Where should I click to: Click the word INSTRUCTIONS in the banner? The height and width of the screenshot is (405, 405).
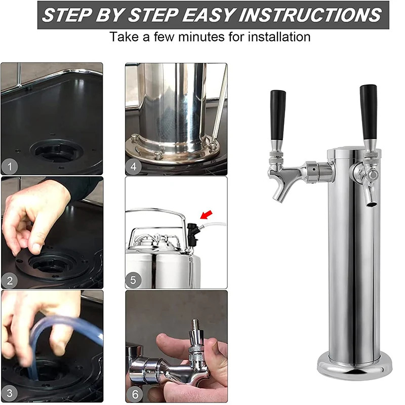click(x=310, y=15)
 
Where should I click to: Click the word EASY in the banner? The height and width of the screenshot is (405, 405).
click(x=208, y=15)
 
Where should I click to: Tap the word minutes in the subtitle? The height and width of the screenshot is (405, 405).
click(x=201, y=36)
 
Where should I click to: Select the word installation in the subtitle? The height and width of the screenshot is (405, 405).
click(x=279, y=36)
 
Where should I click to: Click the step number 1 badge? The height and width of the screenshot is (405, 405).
click(x=10, y=167)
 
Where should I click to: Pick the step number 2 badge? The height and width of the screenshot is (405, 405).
click(x=10, y=280)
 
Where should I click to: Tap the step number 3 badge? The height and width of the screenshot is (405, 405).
click(x=10, y=393)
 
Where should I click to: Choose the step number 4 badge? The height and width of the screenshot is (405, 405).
click(x=134, y=167)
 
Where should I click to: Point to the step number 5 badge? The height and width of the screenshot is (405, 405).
click(x=134, y=280)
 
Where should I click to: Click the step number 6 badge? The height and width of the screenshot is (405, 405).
click(x=135, y=394)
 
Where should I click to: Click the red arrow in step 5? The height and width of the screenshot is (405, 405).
click(x=207, y=215)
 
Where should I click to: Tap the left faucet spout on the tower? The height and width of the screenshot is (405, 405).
click(x=278, y=188)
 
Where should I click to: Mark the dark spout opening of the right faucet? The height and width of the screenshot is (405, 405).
click(x=372, y=205)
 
